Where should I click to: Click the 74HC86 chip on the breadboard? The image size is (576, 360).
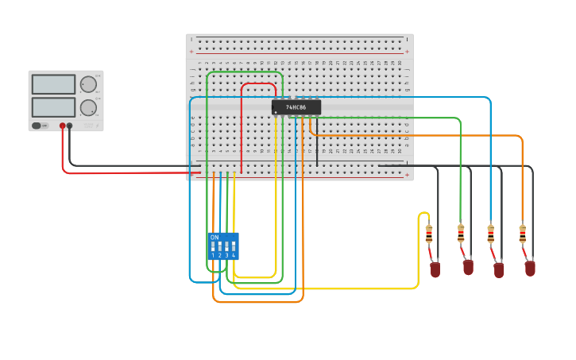(296, 106)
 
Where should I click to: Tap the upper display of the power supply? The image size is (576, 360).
(53, 84)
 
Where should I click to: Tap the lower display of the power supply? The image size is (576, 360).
(53, 107)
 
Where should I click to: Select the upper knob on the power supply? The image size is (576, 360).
(88, 84)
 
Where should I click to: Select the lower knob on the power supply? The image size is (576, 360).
(88, 107)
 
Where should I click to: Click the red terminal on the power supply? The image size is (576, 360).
(63, 126)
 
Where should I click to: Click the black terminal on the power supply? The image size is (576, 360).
(70, 126)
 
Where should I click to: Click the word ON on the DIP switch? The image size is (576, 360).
(215, 237)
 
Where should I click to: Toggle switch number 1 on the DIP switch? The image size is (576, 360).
(213, 246)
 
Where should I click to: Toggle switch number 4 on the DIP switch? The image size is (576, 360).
(233, 246)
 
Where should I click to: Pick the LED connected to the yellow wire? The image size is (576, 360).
(435, 270)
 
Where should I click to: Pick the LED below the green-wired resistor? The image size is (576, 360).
(468, 267)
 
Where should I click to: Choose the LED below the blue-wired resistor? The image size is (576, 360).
(499, 270)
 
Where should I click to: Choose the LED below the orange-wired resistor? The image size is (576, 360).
(530, 269)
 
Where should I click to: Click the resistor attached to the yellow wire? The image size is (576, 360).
(429, 234)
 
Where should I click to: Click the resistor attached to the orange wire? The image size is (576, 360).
(522, 234)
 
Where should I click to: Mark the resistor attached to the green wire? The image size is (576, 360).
(461, 233)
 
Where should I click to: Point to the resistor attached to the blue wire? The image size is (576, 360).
(491, 234)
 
